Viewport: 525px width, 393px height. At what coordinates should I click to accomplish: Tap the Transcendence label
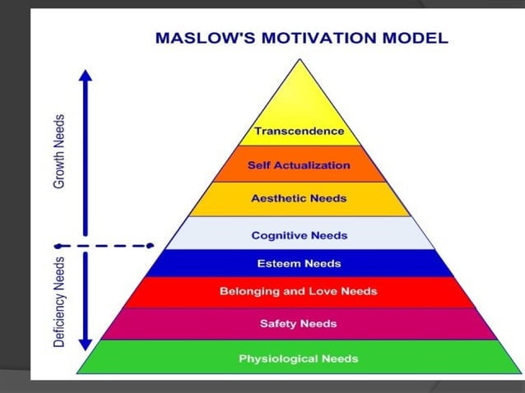point(299,132)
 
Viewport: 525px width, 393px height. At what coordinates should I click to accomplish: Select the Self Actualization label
point(299,165)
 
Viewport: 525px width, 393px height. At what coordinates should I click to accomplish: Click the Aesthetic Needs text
point(299,198)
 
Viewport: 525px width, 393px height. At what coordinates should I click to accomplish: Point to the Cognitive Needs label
point(299,235)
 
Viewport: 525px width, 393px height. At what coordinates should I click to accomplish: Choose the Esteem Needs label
point(299,264)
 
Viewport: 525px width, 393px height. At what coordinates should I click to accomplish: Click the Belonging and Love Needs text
point(299,291)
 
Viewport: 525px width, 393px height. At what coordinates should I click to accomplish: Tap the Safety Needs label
point(299,323)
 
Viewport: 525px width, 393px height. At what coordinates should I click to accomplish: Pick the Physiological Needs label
point(299,358)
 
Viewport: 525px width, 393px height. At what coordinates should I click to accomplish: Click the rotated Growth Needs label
point(60,151)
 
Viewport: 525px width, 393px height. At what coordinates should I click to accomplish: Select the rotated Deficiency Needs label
point(60,301)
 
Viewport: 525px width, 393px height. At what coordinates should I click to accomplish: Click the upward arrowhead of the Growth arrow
point(86,75)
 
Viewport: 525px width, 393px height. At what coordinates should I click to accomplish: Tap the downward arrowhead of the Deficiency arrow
point(86,343)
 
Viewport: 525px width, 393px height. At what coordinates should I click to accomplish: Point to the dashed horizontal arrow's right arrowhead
point(150,245)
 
